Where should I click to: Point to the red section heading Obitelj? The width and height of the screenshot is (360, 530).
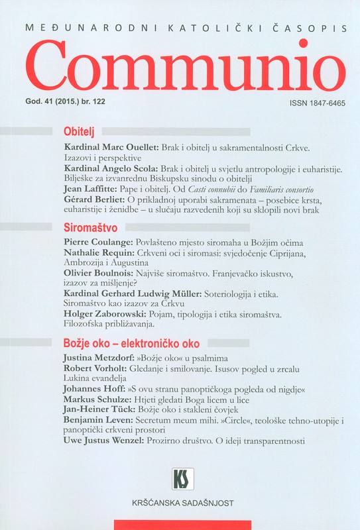(x=79, y=131)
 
